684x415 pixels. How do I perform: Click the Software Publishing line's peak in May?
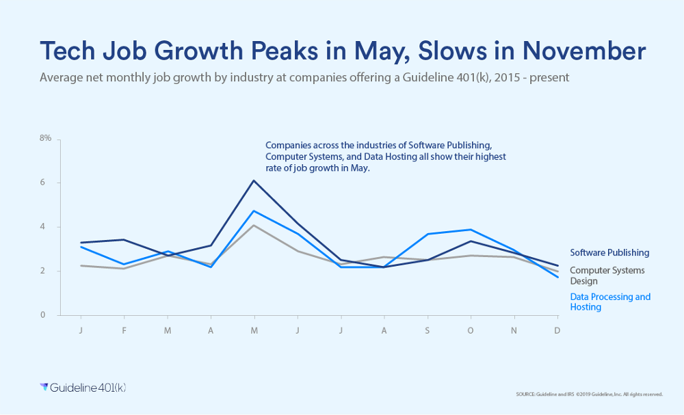[x=254, y=180]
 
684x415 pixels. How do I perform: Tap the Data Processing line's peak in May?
[x=254, y=211]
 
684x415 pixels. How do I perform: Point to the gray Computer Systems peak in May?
[x=254, y=225]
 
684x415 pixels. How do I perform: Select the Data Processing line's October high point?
[x=471, y=230]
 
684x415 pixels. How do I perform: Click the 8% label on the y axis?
[x=45, y=138]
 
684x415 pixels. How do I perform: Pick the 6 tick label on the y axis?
[x=42, y=183]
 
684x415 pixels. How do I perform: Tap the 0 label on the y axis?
[x=42, y=315]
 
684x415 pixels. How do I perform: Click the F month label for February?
[x=124, y=331]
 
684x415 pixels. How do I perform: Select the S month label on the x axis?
[x=428, y=331]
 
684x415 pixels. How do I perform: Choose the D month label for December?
[x=557, y=331]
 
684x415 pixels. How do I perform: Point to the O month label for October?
[x=471, y=331]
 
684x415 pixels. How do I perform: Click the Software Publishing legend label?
[x=609, y=253]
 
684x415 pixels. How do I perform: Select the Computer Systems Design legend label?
[x=607, y=276]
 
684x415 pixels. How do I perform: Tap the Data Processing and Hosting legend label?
[x=610, y=302]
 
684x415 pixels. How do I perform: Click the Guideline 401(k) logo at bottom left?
[x=83, y=388]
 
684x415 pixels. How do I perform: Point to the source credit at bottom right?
[x=590, y=394]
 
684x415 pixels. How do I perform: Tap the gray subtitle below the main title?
[x=304, y=77]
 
